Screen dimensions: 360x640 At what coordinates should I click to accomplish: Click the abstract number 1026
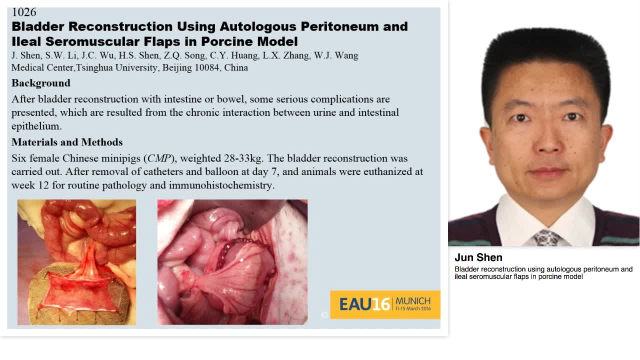pyautogui.click(x=23, y=11)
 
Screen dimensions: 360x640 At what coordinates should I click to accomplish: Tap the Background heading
pyautogui.click(x=41, y=83)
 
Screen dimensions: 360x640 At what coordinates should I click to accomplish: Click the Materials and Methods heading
pyautogui.click(x=67, y=142)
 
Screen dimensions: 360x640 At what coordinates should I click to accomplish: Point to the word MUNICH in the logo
pyautogui.click(x=413, y=300)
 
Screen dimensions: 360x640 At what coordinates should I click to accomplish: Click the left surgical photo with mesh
pyautogui.click(x=76, y=262)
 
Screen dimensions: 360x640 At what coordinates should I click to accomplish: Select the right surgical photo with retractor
pyautogui.click(x=232, y=262)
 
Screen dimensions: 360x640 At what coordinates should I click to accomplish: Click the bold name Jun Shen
pyautogui.click(x=478, y=257)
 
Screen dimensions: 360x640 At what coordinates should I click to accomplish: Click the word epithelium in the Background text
pyautogui.click(x=36, y=126)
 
